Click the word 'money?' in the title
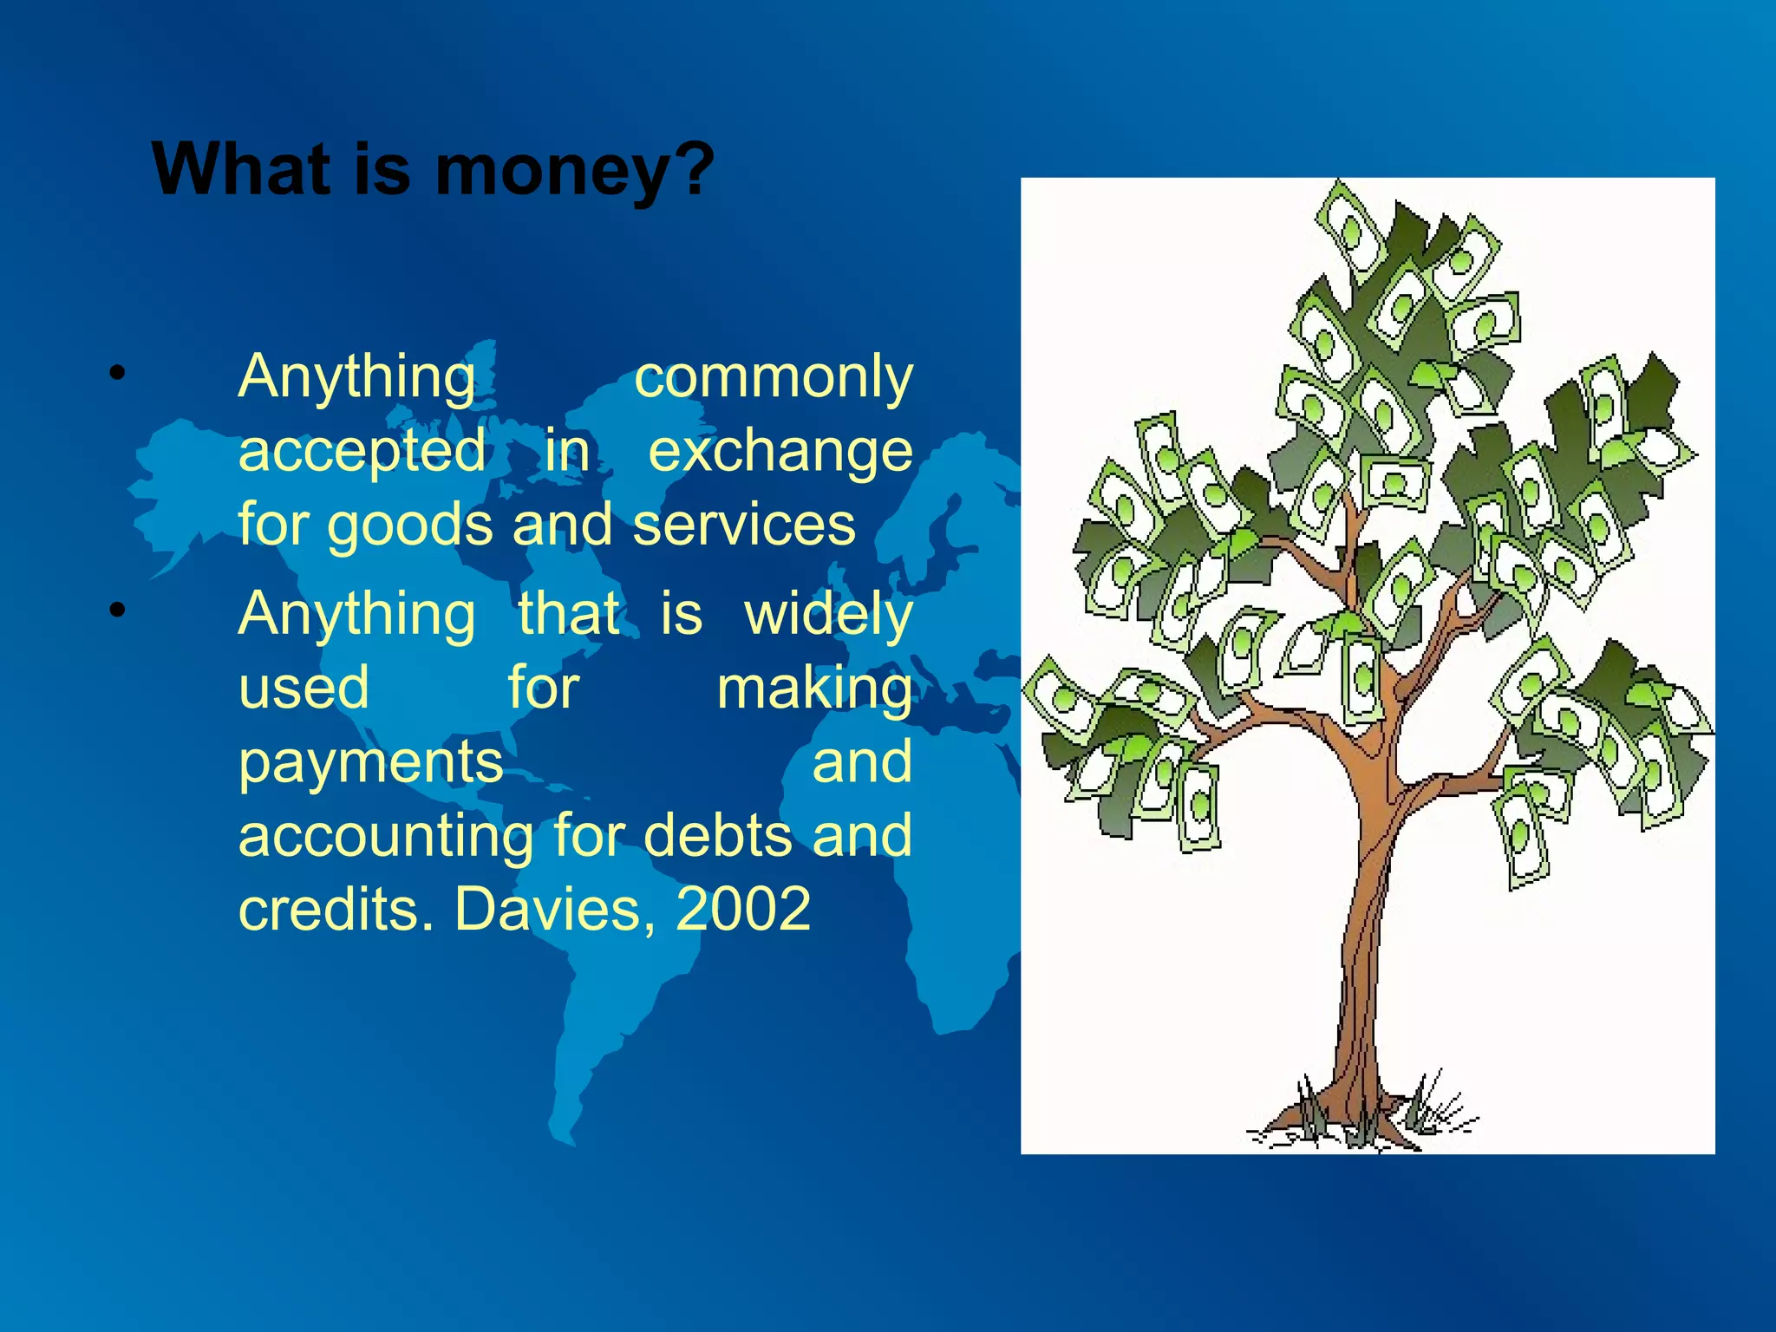[x=574, y=171]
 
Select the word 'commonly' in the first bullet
[x=774, y=378]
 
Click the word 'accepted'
[x=362, y=451]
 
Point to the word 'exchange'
[x=780, y=451]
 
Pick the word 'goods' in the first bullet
[x=410, y=526]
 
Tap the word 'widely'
[x=828, y=615]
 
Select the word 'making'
[x=814, y=689]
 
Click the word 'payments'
[x=370, y=763]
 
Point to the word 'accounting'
[x=386, y=837]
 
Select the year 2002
[x=743, y=909]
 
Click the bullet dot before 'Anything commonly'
[x=118, y=375]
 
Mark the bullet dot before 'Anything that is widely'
[x=118, y=610]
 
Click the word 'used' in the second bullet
[x=304, y=689]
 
